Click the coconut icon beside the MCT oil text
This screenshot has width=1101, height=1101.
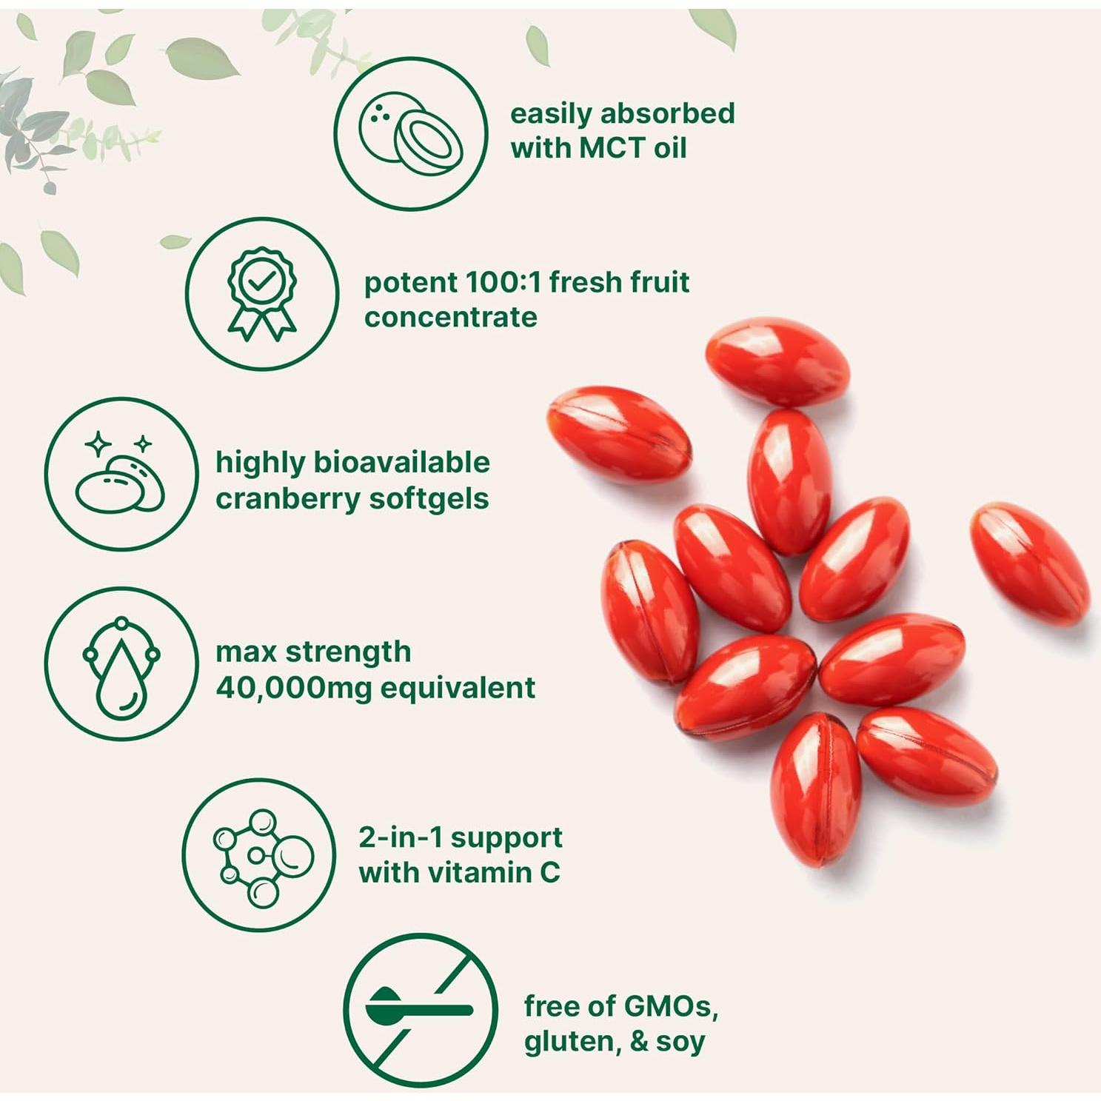coord(410,134)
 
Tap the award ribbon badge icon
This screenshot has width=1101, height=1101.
coord(262,294)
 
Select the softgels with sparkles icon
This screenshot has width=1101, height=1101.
coord(121,475)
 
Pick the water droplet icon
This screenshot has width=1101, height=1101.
coord(121,664)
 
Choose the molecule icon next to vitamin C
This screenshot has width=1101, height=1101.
coord(260,856)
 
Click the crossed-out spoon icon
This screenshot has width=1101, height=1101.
coord(420,1010)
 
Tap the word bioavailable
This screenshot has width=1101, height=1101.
coord(402,462)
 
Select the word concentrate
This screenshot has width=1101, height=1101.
coord(450,317)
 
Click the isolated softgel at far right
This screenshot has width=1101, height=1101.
coord(1030,563)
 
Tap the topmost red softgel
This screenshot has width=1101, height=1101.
coord(777,361)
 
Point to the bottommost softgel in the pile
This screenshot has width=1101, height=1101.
coord(816,789)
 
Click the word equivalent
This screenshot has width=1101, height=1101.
coord(457,688)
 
